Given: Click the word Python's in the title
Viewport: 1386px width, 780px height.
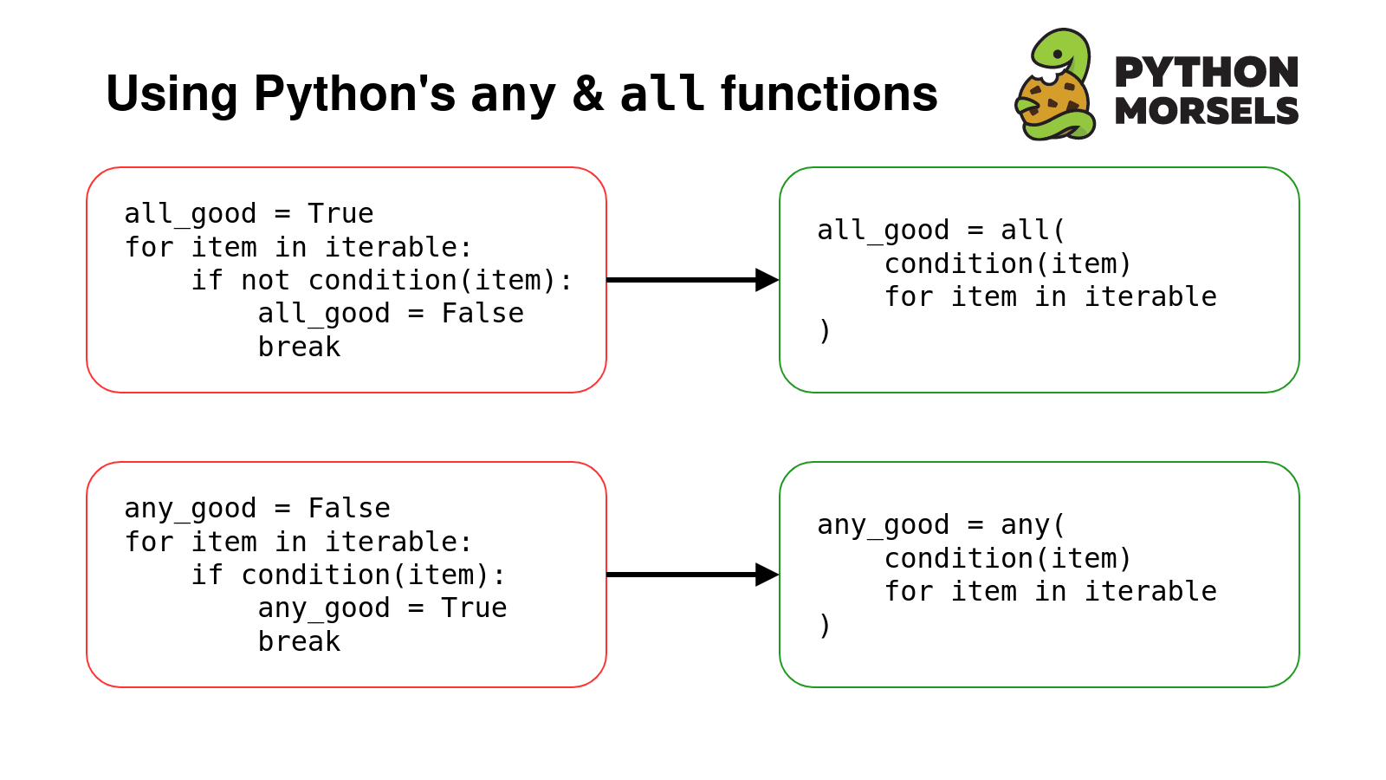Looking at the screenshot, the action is pos(354,94).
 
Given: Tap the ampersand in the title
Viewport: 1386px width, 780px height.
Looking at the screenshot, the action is pos(587,94).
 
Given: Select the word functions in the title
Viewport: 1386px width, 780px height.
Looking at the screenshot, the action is pos(829,94).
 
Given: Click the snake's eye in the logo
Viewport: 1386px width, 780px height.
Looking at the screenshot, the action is pos(1058,55).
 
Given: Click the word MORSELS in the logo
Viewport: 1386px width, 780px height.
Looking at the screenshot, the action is pos(1207,112).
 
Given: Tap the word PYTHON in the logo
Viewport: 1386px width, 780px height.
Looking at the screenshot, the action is pos(1207,73).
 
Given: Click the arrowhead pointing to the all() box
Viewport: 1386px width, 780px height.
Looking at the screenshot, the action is pos(767,280).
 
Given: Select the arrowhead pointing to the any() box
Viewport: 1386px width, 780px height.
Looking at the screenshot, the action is pos(767,575).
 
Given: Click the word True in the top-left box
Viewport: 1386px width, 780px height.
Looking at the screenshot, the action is pos(340,213).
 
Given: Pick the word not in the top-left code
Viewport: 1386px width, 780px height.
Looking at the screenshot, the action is pos(265,281).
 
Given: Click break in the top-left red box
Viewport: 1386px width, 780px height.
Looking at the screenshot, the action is pos(299,347).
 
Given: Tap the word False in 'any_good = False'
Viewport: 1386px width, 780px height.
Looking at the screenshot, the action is pos(349,508).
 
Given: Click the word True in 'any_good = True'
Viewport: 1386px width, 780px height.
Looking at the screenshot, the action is pos(474,608).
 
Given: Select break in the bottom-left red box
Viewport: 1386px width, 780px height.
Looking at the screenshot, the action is pos(299,641).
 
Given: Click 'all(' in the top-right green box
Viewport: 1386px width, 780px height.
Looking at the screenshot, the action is pos(1033,231).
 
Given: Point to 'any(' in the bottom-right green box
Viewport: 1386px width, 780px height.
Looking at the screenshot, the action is pos(1033,525).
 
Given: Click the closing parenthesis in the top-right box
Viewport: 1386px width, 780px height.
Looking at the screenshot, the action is pos(824,330).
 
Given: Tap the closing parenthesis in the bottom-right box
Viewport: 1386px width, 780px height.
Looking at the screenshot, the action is pos(824,625).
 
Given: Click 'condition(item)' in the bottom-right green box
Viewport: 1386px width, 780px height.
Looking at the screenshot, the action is pos(1008,558).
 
